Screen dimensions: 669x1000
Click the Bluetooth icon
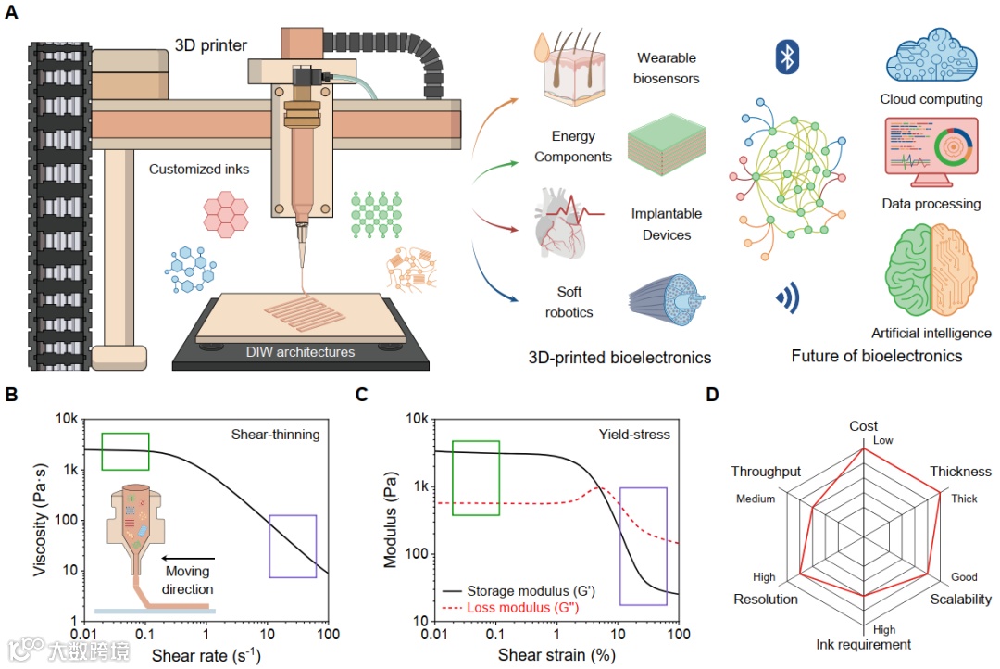tap(786, 58)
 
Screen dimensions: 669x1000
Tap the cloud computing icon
tap(931, 57)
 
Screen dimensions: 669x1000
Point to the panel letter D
tap(712, 395)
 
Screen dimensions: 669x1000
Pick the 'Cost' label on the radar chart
tap(864, 426)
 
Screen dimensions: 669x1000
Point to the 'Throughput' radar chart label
tap(766, 472)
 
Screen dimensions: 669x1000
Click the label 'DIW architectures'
tap(300, 351)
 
